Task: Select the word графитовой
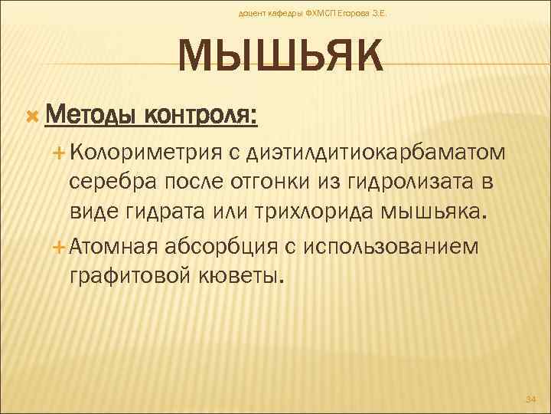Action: pos(122,274)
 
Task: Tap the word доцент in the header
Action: pos(255,13)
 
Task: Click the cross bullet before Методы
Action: pos(32,115)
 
